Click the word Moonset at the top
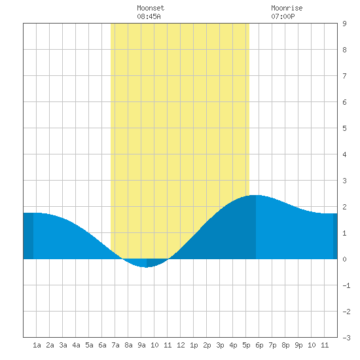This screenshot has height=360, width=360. (151, 8)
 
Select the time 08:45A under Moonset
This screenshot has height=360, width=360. (149, 16)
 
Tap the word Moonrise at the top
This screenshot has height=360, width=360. (287, 8)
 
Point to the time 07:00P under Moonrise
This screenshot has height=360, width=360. (283, 16)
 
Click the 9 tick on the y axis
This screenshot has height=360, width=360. (344, 24)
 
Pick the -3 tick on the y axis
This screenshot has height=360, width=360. (346, 338)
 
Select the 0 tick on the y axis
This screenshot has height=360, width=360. (344, 259)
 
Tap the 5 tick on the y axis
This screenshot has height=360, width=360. (344, 128)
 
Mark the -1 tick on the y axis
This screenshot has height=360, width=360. (346, 285)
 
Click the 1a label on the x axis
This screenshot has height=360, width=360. (37, 345)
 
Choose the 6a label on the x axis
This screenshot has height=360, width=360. (102, 345)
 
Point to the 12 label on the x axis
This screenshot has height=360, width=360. (181, 345)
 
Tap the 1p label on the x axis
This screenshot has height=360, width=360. (194, 345)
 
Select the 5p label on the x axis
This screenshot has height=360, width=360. (246, 345)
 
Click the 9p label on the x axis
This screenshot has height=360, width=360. (298, 345)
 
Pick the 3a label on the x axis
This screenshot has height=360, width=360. (63, 345)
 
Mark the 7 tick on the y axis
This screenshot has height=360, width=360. (344, 76)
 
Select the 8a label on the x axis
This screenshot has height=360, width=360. (128, 345)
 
